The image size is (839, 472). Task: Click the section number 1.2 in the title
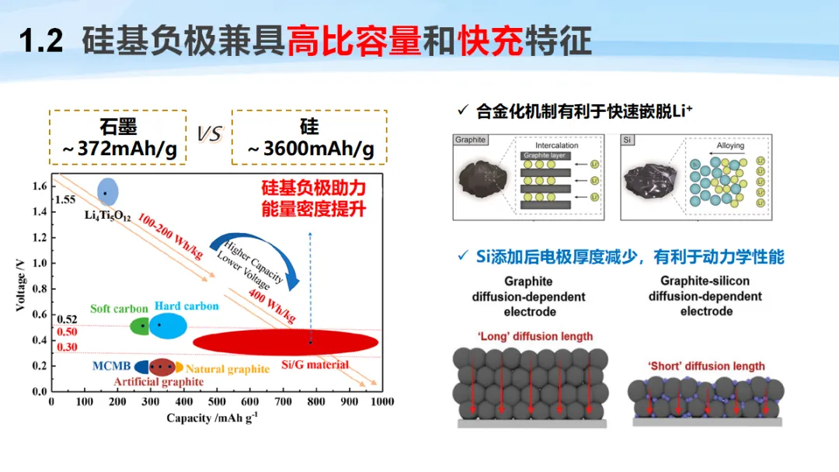40,41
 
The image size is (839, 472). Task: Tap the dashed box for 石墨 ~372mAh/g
118,137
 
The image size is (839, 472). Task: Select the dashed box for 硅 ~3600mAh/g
308,137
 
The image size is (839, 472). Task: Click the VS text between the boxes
209,135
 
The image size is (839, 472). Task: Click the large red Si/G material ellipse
285,342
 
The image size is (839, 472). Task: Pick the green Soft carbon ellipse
139,326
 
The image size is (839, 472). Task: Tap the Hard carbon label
186,307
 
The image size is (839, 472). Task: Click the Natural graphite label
228,370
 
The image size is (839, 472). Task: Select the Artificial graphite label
158,382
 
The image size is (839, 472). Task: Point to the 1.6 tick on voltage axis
39,186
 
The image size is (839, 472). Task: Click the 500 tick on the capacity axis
217,402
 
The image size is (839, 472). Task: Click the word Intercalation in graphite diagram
557,146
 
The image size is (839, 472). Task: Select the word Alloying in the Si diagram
729,146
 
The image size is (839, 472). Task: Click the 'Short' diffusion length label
705,366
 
